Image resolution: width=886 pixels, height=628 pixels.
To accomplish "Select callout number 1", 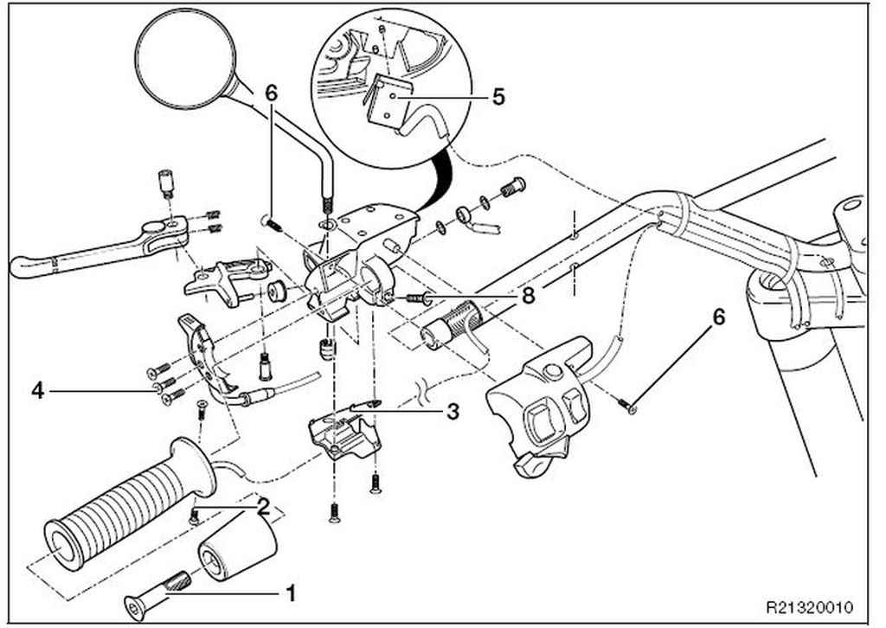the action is coord(291,593).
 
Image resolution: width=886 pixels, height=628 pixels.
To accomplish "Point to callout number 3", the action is coord(453,413).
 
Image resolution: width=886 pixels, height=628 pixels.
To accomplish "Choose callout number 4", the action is coord(37,390).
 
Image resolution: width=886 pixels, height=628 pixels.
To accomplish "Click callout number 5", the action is coord(498,97).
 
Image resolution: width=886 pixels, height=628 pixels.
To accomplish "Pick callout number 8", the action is coord(528,295).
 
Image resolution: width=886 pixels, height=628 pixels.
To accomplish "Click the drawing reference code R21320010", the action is coord(809,607).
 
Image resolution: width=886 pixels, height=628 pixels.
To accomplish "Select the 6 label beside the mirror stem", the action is coord(272,93).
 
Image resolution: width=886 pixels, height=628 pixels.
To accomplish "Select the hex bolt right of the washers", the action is coord(513,188).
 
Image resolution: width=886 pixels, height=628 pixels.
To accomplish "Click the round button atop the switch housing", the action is coord(552,372).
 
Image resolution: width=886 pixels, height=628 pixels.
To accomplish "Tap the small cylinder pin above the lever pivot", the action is coord(164,183).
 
